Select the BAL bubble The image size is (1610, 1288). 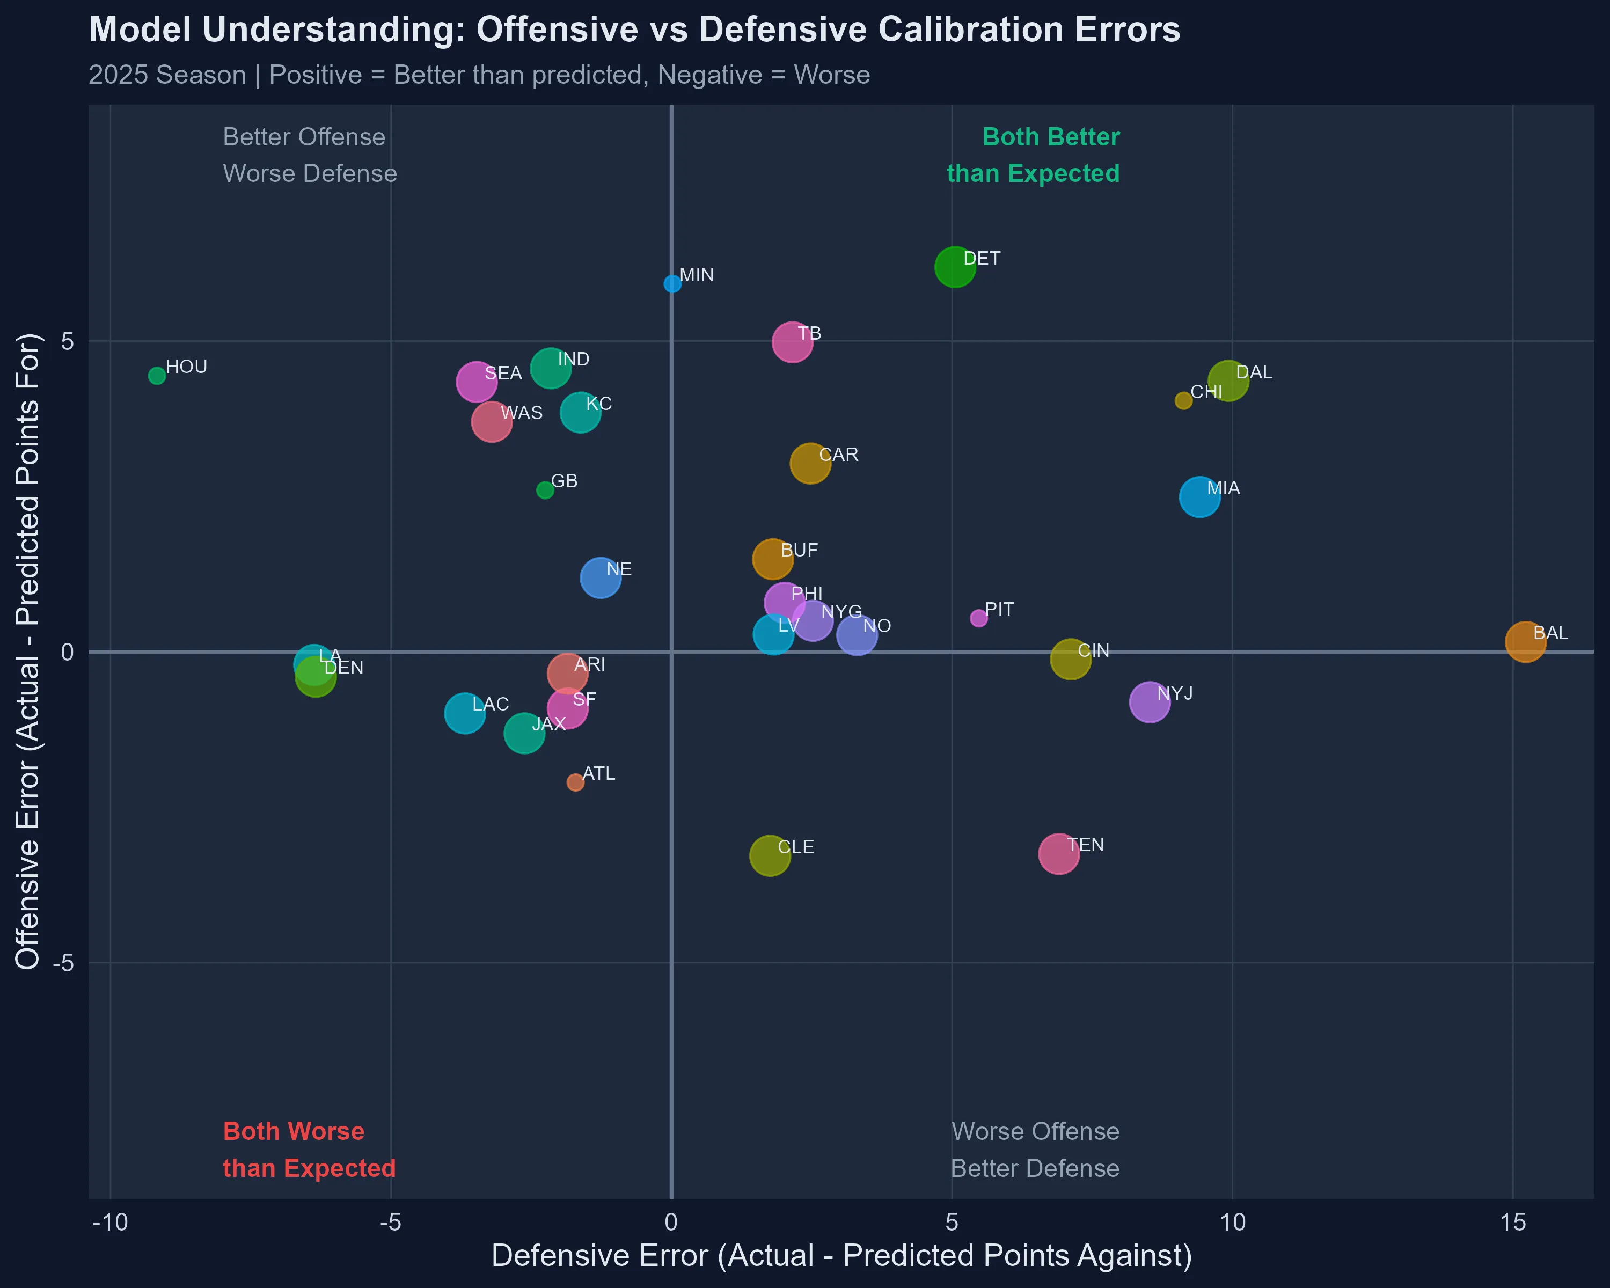(x=1525, y=641)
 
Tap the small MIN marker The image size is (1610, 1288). (x=672, y=284)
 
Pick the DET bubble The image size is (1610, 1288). (x=954, y=267)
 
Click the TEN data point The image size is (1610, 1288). (x=1058, y=853)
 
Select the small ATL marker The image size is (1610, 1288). (x=575, y=782)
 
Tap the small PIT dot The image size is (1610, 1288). (x=978, y=618)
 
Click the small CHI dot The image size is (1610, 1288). (x=1183, y=401)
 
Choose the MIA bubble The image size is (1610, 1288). (x=1199, y=496)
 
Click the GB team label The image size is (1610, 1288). (x=565, y=481)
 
